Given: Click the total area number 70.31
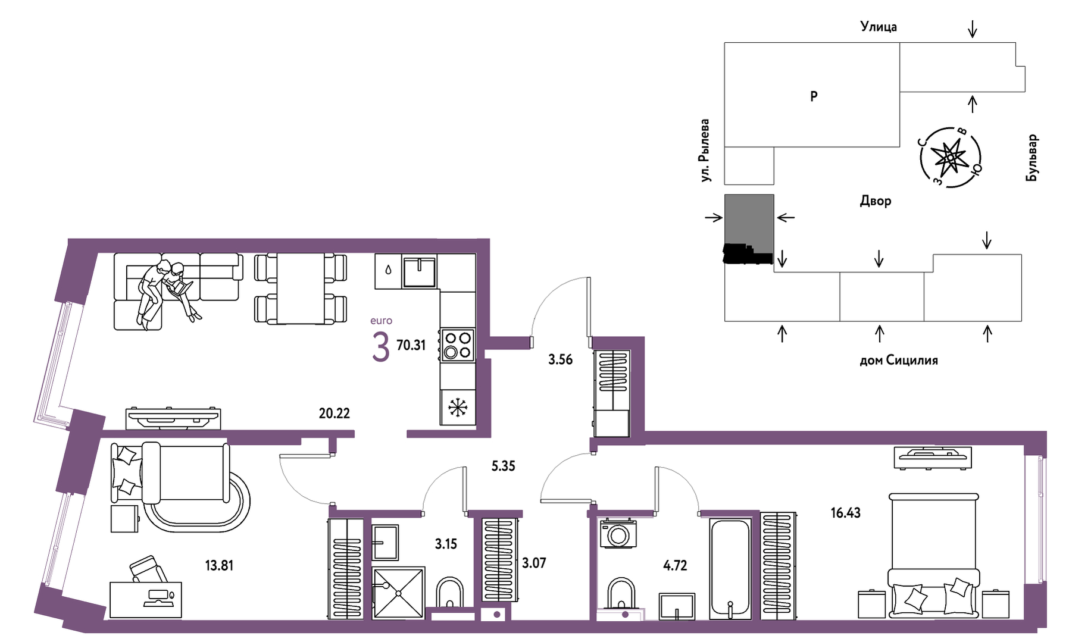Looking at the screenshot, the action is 411,345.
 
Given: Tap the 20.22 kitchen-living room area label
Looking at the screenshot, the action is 335,413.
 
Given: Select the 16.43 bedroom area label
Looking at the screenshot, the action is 846,512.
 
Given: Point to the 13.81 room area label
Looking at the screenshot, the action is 219,565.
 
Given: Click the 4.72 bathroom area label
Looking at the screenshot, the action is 675,565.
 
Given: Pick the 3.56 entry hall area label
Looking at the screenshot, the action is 560,359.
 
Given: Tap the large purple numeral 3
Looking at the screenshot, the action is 380,347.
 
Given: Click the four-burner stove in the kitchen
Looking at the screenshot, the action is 458,345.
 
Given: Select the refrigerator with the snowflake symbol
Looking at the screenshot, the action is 458,408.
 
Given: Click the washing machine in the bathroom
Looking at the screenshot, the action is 618,533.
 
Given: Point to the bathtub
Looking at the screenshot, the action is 730,569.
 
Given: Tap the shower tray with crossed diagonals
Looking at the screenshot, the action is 398,593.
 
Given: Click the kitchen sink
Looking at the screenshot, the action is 420,271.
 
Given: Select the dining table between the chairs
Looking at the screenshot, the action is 301,289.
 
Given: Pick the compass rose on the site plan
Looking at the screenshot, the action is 949,158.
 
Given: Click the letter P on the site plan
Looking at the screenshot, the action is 814,96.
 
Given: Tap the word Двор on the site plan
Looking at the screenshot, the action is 876,201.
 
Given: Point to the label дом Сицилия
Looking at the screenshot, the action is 899,360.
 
